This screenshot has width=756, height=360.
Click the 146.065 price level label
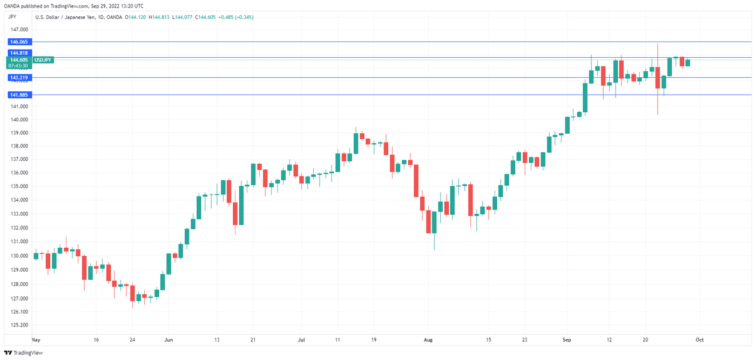18,42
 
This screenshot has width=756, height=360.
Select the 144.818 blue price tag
18,53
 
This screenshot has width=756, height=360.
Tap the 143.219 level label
18,78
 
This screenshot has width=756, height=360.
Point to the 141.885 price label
18,95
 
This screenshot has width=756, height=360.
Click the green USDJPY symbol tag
43,60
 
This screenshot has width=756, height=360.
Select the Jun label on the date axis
168,340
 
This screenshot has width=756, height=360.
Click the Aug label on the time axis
428,340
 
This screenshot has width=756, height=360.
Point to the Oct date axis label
699,340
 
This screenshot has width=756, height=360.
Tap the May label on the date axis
36,340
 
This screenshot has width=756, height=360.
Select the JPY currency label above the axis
13,17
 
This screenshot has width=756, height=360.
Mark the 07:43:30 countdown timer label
18,66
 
